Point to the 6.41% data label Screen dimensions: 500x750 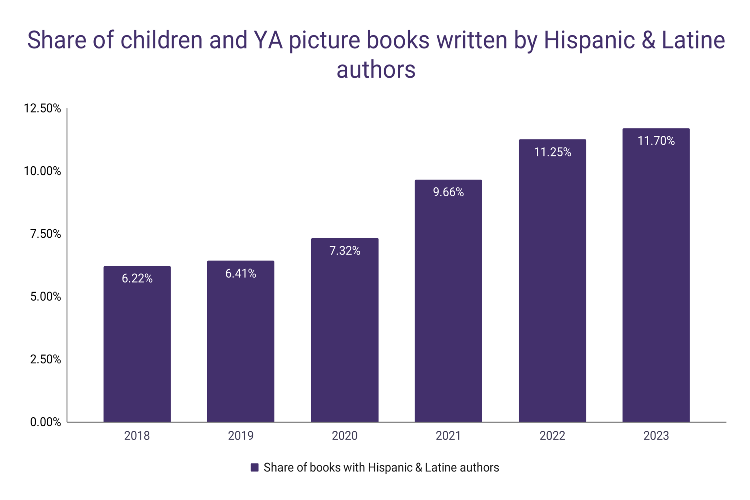[x=241, y=274]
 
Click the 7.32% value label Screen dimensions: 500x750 [x=345, y=251]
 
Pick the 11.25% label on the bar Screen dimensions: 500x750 [x=552, y=152]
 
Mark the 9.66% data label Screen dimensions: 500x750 [x=448, y=192]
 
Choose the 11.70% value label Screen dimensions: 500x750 [x=656, y=141]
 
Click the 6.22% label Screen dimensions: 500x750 [x=137, y=279]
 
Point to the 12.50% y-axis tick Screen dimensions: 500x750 [x=42, y=108]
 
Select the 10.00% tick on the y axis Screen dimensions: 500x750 [x=42, y=171]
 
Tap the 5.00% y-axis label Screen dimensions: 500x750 [x=45, y=297]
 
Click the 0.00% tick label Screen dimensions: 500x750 [x=45, y=422]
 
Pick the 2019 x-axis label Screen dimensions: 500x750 [x=241, y=436]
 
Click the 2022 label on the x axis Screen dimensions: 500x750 [x=552, y=436]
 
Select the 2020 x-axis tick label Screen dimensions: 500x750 [x=345, y=436]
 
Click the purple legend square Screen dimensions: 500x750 [x=255, y=468]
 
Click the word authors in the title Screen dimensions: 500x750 [x=376, y=70]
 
